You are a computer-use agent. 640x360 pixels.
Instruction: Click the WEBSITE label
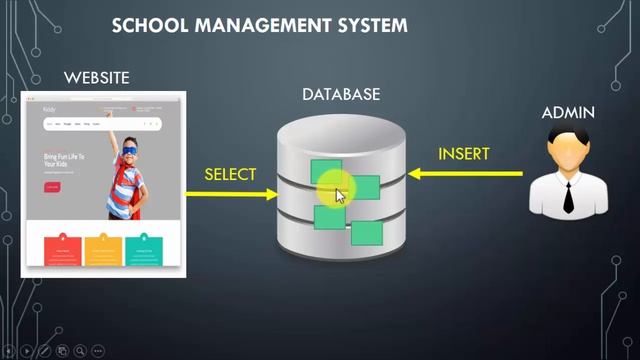[96, 77]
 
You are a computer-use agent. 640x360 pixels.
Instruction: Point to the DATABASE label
[341, 94]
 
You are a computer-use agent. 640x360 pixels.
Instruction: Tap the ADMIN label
[568, 113]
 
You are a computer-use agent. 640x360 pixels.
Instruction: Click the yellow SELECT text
[230, 174]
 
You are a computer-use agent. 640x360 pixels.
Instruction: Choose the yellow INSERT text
[464, 154]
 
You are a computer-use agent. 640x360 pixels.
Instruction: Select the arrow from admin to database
[465, 175]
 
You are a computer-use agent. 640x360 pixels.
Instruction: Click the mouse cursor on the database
[339, 194]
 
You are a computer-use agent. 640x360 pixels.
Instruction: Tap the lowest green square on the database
[367, 234]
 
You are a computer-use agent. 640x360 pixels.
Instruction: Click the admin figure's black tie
[568, 196]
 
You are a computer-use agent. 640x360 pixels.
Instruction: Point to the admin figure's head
[568, 151]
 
